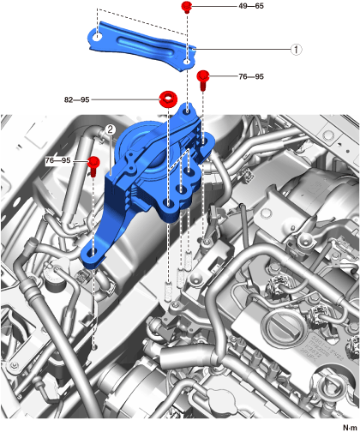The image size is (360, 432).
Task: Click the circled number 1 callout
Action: coord(297,50)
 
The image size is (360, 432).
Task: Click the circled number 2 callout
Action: coord(111,129)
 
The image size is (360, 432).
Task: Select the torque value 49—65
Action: coord(251,6)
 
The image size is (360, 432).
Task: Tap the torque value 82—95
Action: coord(77,99)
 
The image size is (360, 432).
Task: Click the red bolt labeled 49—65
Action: coord(187,7)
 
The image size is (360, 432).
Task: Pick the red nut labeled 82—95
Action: coord(168,99)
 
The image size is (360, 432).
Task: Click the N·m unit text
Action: coord(350,428)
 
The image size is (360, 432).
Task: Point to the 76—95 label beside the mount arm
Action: coord(57,160)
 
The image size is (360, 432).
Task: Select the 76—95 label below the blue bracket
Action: coord(251,76)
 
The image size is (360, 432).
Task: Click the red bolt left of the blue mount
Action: coord(93,165)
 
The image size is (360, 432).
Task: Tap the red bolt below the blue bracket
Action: coord(203,80)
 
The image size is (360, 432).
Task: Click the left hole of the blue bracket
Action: coord(98,37)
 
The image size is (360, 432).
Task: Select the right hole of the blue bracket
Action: coord(187,62)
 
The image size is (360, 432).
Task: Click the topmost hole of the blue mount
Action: coord(187,111)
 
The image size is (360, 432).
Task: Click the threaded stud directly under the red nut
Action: coord(169,291)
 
